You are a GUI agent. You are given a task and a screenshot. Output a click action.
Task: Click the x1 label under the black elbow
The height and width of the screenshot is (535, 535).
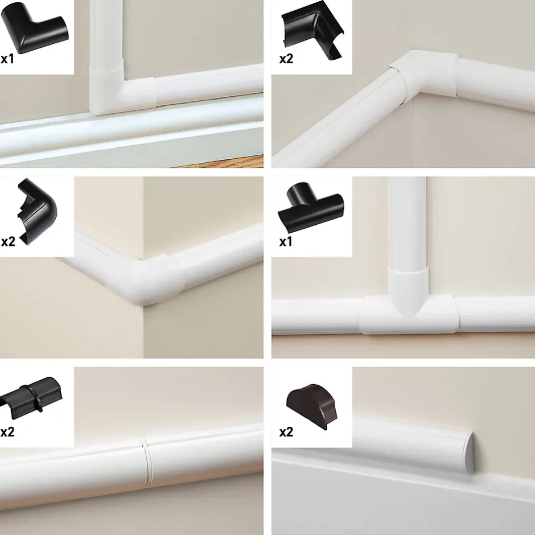[7, 59]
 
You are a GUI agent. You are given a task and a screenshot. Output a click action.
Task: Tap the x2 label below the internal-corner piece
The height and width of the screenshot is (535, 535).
[286, 59]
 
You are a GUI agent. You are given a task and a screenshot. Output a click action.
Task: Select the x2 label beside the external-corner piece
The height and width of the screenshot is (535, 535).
[8, 242]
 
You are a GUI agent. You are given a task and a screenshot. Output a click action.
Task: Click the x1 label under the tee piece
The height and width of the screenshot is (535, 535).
[286, 242]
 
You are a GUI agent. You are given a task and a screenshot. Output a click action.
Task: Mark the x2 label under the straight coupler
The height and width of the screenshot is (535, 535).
[7, 433]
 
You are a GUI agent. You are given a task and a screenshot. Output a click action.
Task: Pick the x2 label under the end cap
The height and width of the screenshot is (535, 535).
[286, 433]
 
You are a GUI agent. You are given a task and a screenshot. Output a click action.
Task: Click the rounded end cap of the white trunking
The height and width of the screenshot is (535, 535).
[467, 452]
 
